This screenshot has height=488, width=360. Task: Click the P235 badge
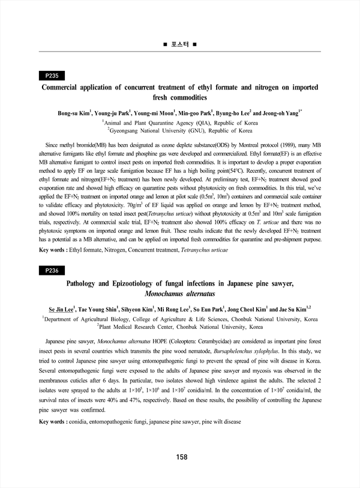tap(52, 76)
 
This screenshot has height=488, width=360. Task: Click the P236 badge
tap(52, 271)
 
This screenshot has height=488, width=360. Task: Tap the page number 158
tap(182, 457)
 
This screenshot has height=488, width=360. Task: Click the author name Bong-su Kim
tap(73, 113)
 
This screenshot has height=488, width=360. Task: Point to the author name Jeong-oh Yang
tap(284, 113)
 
